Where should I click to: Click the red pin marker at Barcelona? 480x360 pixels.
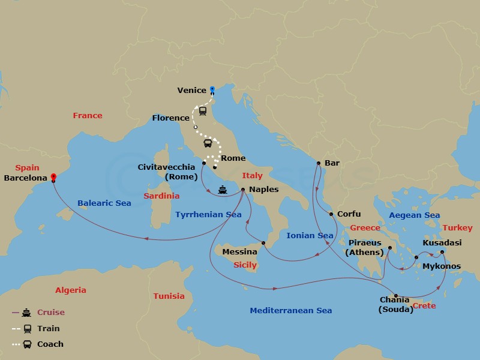[x=53, y=177]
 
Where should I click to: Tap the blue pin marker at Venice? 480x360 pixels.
[x=212, y=90]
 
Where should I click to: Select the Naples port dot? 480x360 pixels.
[x=242, y=190]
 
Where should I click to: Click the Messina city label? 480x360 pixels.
[x=240, y=252]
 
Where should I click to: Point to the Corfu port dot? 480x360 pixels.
[x=331, y=214]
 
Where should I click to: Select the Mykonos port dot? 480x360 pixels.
[x=416, y=257]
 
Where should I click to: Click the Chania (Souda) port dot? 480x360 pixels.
[x=395, y=295]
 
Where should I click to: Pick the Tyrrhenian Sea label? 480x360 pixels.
[x=208, y=214]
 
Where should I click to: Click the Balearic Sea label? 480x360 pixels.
[x=104, y=203]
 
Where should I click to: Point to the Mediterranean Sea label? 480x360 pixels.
[x=290, y=310]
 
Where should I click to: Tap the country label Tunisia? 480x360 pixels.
[x=169, y=296]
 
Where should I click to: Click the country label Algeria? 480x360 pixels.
[x=71, y=290]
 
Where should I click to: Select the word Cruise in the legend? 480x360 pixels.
[x=51, y=312]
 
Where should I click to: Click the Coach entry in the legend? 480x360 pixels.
[x=50, y=344]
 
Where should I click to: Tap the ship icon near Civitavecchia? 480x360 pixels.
[x=223, y=190]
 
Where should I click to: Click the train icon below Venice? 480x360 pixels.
[x=203, y=111]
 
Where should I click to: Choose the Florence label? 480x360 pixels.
[x=170, y=118]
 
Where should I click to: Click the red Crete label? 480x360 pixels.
[x=424, y=305]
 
